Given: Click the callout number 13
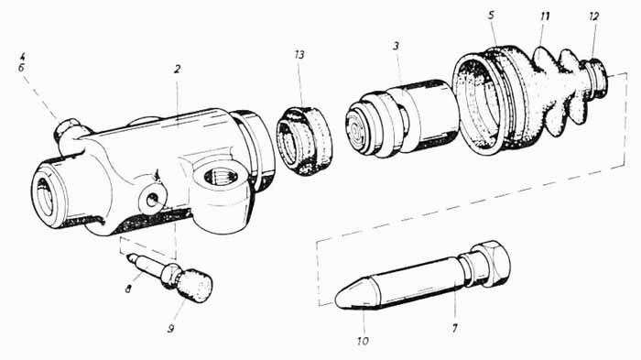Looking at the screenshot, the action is click(x=299, y=54).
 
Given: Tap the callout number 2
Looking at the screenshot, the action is click(x=177, y=69).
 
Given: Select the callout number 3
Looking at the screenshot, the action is click(x=396, y=46).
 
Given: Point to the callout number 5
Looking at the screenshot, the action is click(x=491, y=16).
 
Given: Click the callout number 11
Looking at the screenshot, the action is click(x=545, y=16).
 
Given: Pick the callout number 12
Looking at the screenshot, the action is click(x=594, y=16).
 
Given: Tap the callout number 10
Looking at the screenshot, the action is click(x=363, y=341).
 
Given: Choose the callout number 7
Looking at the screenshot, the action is click(x=454, y=327).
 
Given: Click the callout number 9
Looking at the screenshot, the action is click(x=171, y=328).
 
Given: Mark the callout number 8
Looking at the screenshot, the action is click(x=128, y=289).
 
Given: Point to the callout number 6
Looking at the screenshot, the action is click(x=21, y=68).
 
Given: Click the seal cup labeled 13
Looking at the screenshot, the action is click(x=305, y=141).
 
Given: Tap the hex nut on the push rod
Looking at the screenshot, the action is click(x=491, y=264).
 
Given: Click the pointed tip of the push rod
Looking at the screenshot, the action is click(x=338, y=300).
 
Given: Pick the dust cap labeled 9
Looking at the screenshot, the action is click(x=195, y=285).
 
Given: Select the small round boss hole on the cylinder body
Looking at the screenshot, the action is click(x=153, y=200).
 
